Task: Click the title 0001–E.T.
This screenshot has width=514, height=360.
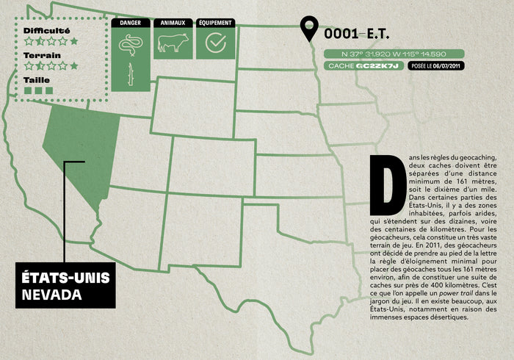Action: (356, 34)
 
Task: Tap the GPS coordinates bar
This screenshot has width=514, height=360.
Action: (394, 54)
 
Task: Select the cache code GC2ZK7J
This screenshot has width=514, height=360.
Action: (377, 66)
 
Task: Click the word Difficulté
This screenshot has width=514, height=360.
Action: (46, 31)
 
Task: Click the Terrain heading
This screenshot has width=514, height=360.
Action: (42, 55)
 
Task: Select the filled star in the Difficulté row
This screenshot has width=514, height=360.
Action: (73, 42)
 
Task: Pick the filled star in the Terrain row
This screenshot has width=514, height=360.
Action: (73, 66)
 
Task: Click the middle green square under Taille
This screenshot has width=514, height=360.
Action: (39, 90)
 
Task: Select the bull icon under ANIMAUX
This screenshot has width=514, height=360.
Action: (173, 43)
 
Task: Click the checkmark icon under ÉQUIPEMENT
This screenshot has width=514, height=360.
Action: (215, 43)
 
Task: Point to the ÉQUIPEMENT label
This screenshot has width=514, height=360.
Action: (215, 23)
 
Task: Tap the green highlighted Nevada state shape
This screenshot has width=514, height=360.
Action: (81, 151)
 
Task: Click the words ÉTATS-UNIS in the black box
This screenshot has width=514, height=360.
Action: (65, 278)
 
